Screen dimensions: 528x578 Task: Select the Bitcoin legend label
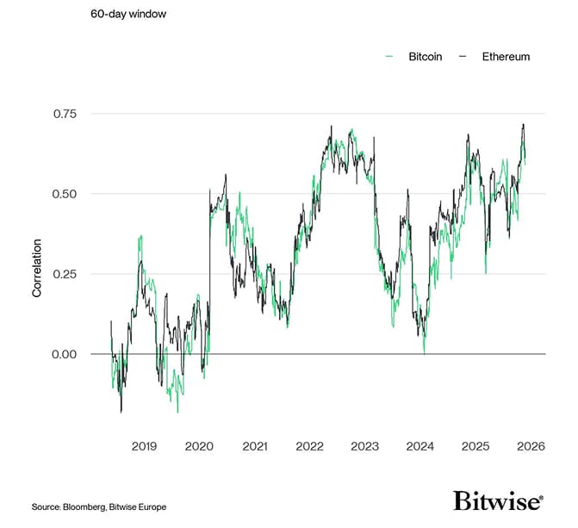pos(425,57)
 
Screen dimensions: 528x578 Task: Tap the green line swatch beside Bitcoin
pos(388,57)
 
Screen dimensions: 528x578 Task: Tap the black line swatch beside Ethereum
pos(463,57)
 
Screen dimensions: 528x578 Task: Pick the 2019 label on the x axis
pos(144,446)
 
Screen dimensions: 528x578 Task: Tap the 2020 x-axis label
pos(199,446)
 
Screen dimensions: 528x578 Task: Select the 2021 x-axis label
pos(254,446)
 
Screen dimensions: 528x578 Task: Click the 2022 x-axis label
pos(309,446)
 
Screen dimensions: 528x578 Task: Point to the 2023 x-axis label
pos(364,446)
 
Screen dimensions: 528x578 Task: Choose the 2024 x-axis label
pos(420,446)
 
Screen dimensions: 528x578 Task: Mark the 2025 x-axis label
pos(475,446)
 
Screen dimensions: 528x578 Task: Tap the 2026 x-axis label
pos(530,446)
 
